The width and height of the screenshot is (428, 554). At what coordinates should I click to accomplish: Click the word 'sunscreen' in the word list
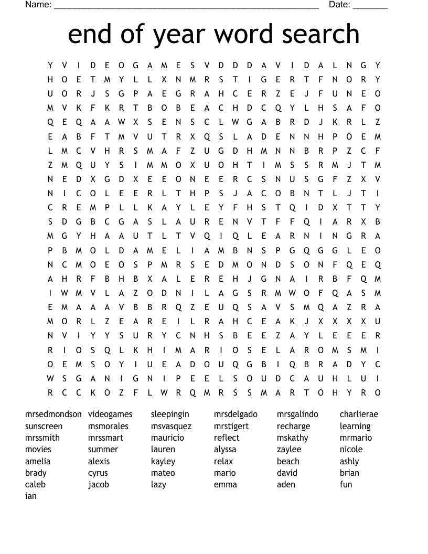tap(44, 426)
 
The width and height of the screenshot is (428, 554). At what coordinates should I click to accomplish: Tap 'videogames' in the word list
tap(110, 414)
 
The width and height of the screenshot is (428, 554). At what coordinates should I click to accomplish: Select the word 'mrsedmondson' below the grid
tap(53, 414)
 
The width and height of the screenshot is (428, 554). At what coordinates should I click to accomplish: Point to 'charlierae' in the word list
tap(359, 414)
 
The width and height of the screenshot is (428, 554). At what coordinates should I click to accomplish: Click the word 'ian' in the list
tap(31, 496)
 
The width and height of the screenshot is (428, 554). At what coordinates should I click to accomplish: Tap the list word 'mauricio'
tap(167, 438)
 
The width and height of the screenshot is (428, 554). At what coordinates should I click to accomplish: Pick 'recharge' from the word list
tap(293, 426)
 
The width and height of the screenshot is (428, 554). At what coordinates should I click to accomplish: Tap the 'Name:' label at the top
tap(38, 5)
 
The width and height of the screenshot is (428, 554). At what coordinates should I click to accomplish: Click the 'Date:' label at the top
tap(339, 5)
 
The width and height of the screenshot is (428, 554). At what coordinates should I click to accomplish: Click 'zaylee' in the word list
tap(289, 450)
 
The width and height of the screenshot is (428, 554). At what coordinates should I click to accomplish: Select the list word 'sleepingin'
tap(170, 414)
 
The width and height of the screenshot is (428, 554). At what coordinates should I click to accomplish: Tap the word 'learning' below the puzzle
tap(355, 426)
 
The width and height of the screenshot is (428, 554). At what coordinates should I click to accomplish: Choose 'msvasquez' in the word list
tap(171, 426)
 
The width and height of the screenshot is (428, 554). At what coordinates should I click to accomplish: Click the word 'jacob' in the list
tap(99, 484)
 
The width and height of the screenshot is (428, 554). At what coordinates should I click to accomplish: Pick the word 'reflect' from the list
tap(227, 438)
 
